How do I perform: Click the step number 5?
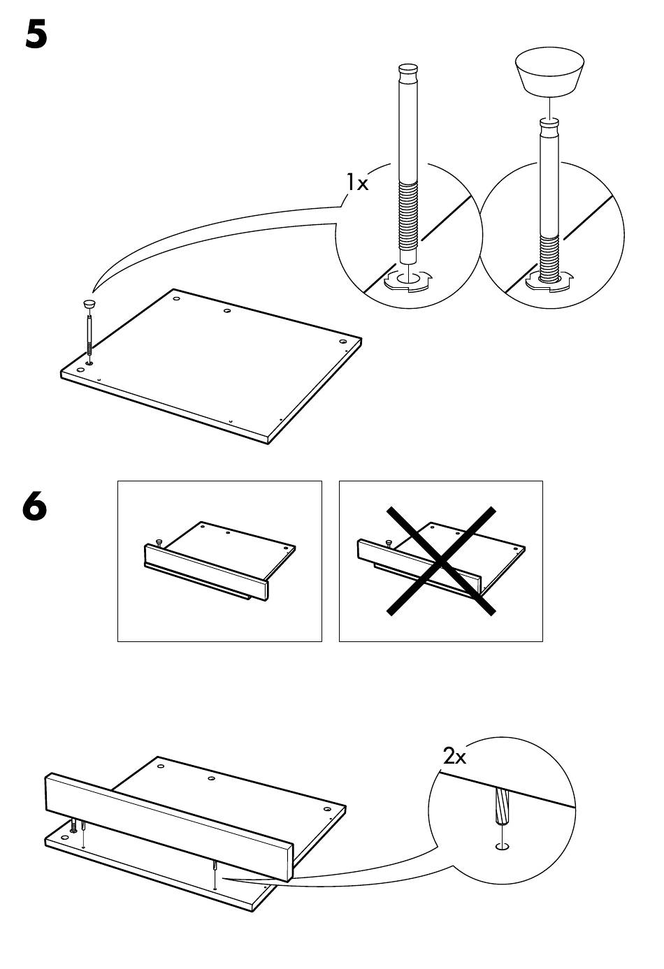(x=36, y=35)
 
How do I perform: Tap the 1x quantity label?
(x=358, y=182)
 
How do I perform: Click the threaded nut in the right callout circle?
(x=549, y=280)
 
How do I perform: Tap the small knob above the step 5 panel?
(x=89, y=303)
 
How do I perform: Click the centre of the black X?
(x=441, y=561)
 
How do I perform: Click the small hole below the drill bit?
(x=502, y=846)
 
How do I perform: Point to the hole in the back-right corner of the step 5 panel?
(x=343, y=342)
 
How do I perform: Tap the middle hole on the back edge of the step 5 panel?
(x=227, y=311)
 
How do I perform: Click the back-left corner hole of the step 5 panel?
(x=176, y=298)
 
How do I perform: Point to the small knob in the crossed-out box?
(x=389, y=542)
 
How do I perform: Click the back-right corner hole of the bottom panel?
(x=327, y=809)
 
